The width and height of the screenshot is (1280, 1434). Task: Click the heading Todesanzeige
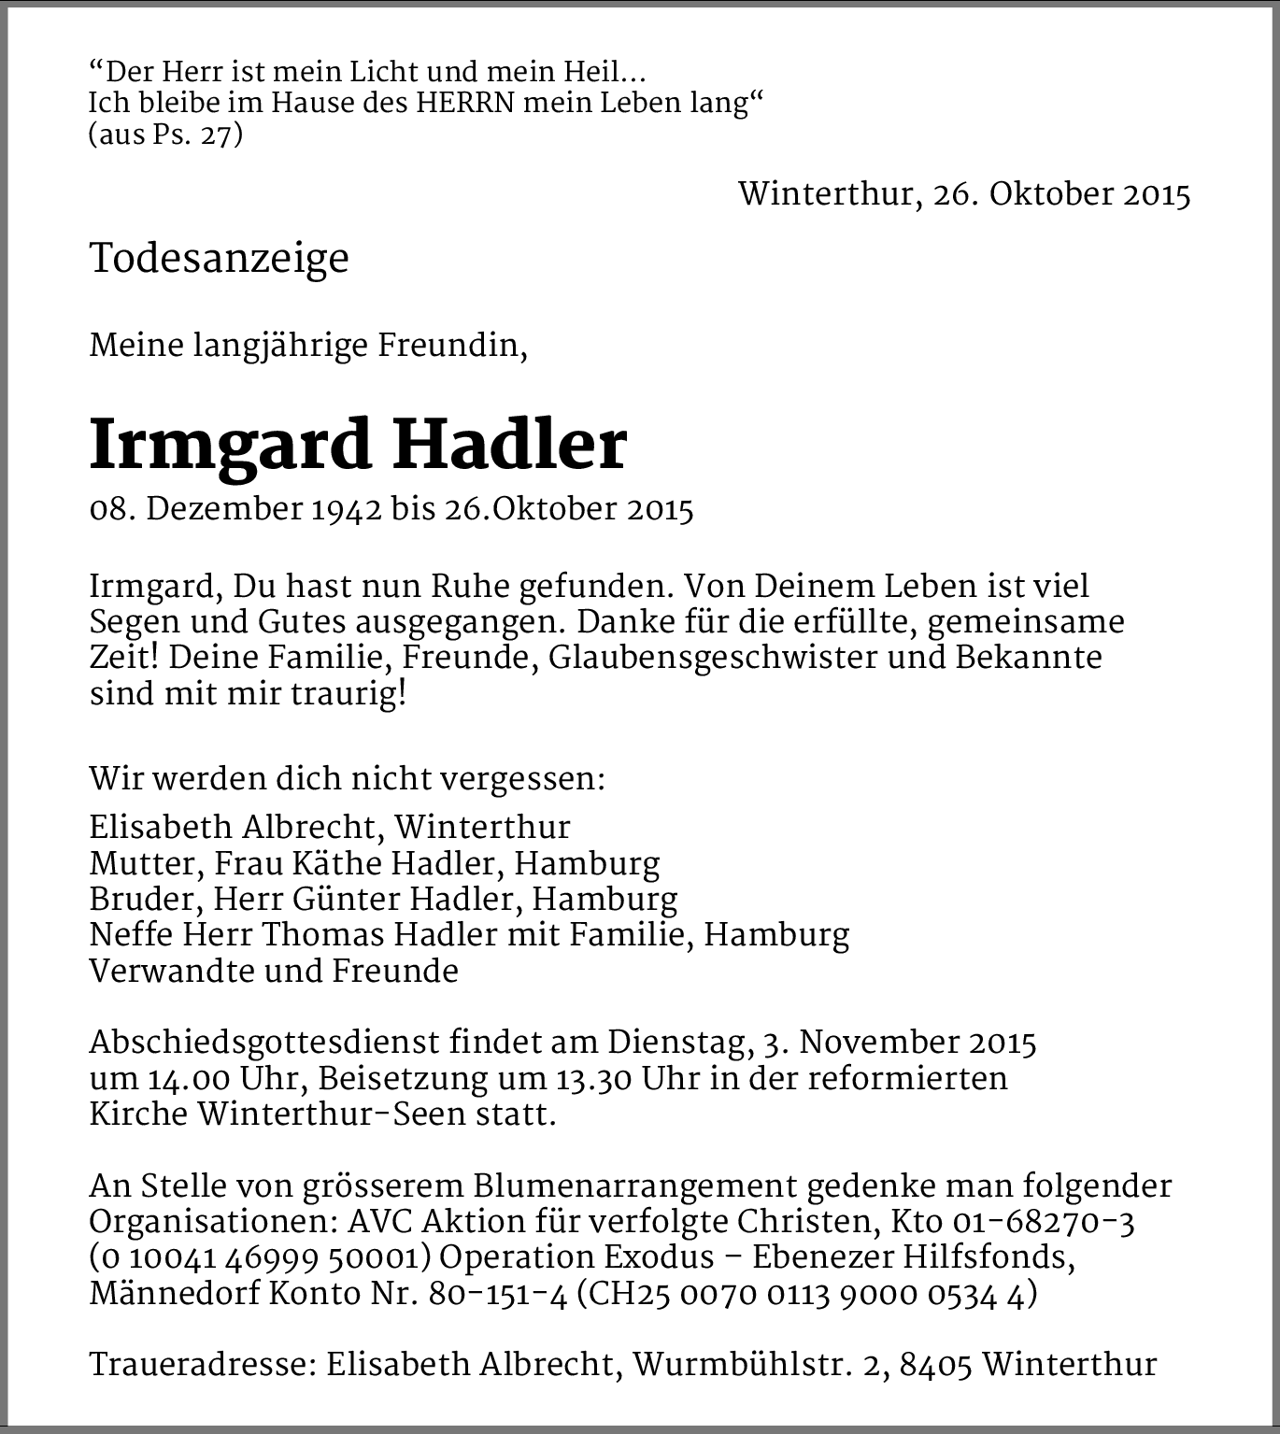pos(219,259)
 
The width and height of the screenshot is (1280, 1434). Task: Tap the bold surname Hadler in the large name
pos(508,446)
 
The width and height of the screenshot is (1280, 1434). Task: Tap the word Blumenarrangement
pos(634,1186)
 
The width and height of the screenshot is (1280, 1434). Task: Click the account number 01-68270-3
pos(1044,1222)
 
